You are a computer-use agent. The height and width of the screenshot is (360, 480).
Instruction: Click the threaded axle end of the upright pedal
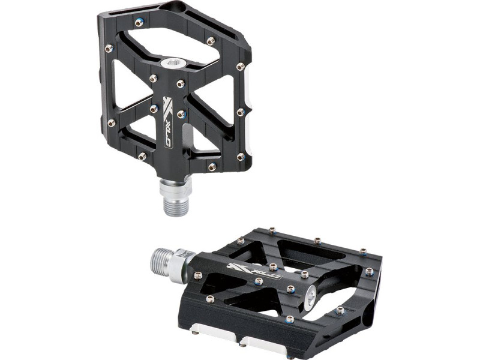click(x=175, y=205)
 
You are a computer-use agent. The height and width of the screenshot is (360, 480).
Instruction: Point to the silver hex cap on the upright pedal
click(x=170, y=64)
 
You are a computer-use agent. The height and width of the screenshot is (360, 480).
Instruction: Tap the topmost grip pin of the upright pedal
click(x=140, y=22)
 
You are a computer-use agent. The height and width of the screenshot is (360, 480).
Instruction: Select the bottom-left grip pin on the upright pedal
click(x=142, y=157)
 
